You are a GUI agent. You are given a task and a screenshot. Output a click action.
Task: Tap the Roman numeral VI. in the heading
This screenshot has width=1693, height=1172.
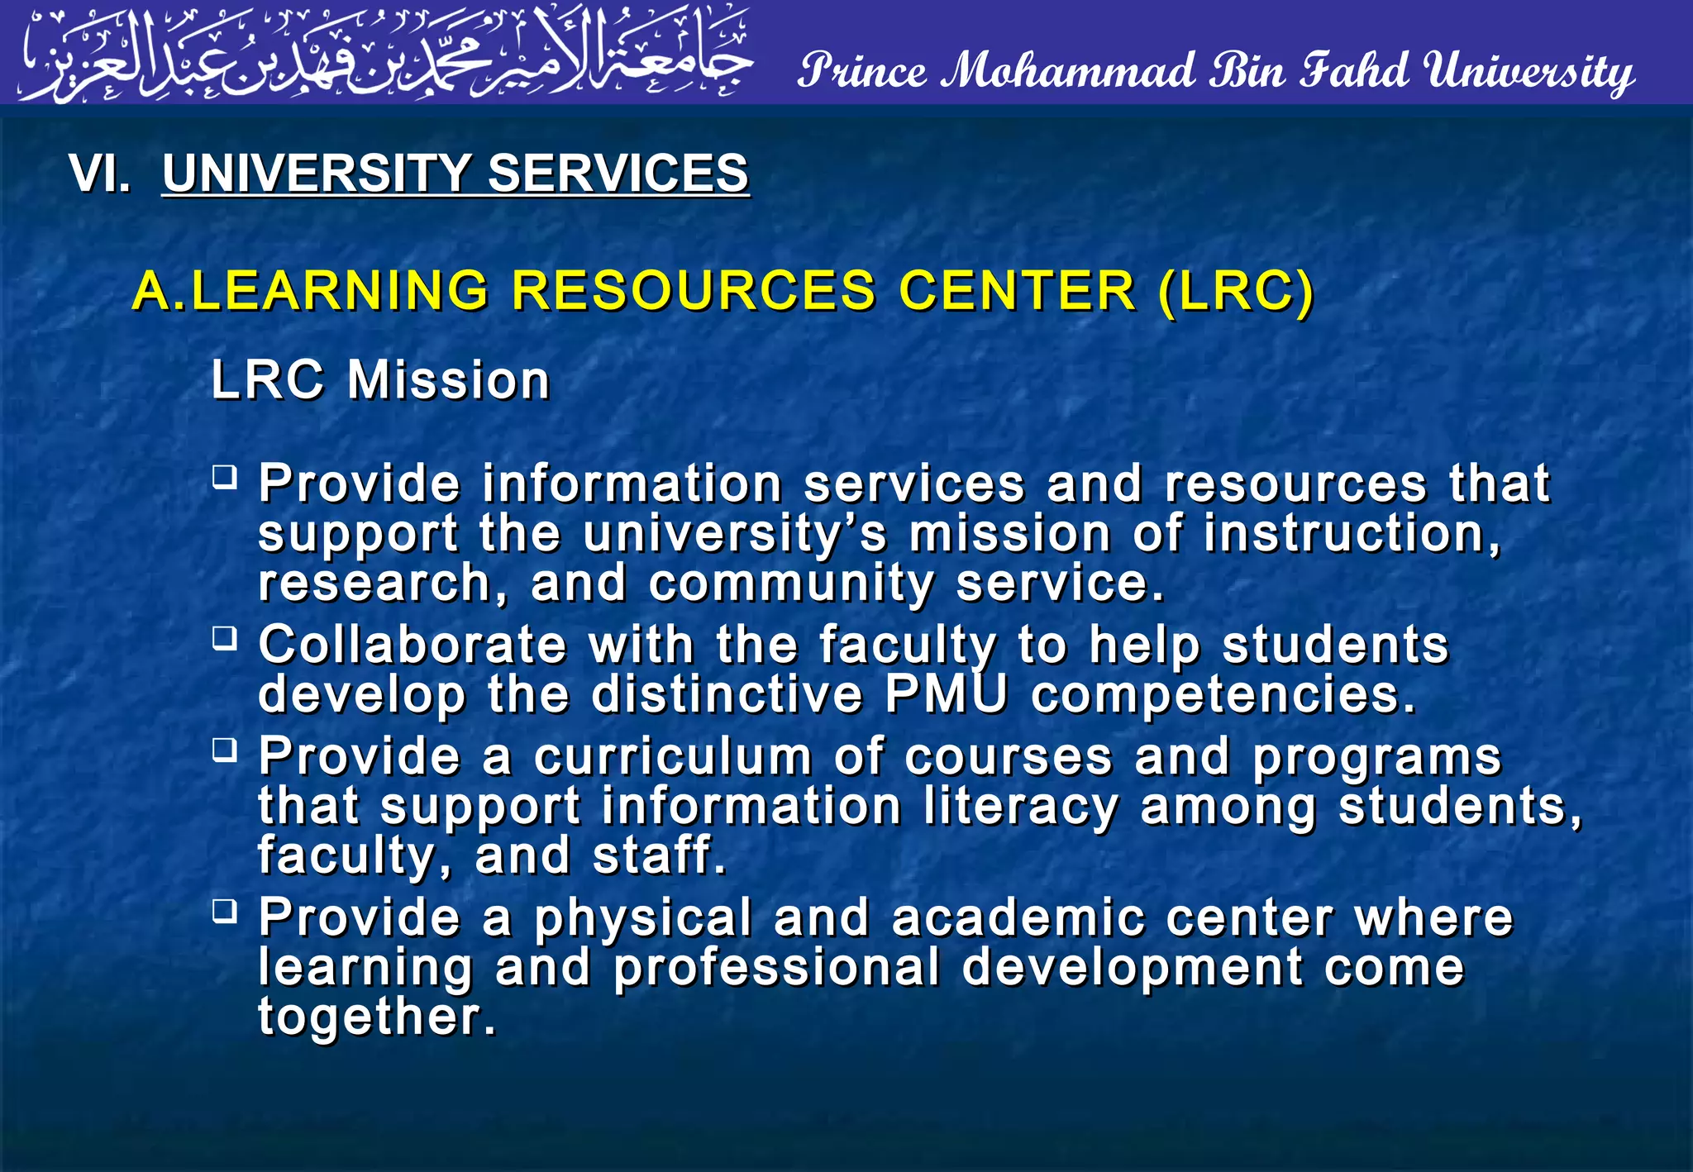click(x=100, y=174)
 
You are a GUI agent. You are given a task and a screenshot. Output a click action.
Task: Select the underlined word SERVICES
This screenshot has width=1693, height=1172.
click(x=618, y=174)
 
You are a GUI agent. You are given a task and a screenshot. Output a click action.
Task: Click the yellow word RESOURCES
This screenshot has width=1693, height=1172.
click(x=693, y=291)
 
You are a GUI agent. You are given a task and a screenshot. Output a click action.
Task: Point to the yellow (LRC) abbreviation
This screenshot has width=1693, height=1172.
click(x=1235, y=291)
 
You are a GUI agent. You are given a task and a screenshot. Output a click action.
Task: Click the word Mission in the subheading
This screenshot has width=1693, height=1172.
click(x=448, y=380)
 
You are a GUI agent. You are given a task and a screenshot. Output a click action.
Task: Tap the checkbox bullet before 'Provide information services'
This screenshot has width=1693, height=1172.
click(x=225, y=477)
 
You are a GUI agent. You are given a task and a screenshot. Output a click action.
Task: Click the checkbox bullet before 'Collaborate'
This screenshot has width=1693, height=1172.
click(x=225, y=638)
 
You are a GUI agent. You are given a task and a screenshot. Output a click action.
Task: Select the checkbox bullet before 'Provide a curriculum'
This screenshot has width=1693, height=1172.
click(x=225, y=750)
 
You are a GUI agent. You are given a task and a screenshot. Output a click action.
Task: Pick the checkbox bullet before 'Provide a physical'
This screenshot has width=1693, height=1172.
click(x=225, y=911)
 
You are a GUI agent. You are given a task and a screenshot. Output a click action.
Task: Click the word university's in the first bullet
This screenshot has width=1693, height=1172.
click(x=735, y=535)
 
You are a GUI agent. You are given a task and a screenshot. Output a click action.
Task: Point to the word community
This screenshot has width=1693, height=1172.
click(x=791, y=584)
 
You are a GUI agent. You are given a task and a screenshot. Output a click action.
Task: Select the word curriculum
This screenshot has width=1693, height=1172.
click(x=673, y=757)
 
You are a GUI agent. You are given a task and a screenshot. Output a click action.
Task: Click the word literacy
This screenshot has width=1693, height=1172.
click(x=1021, y=808)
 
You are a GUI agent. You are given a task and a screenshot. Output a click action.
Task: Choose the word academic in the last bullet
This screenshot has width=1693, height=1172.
click(x=1018, y=917)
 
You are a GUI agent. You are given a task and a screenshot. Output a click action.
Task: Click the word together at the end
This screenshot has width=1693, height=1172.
click(x=377, y=1017)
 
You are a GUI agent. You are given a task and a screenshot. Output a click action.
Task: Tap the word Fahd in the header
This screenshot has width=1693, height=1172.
click(x=1354, y=70)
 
